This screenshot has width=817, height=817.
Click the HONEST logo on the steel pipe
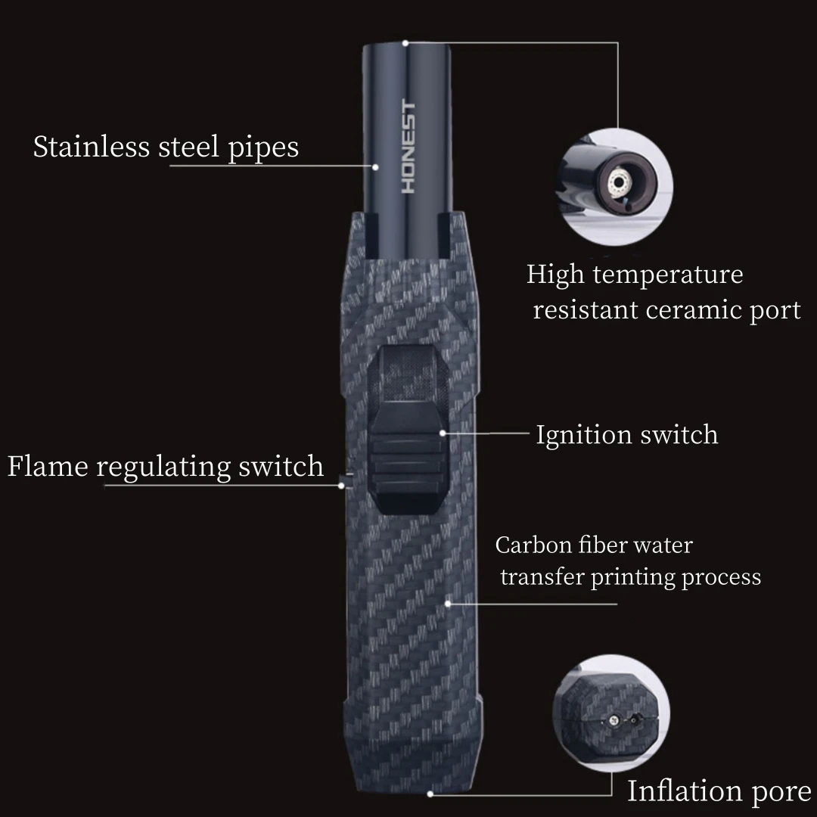tap(409, 147)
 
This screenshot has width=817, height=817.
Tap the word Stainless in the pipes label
tap(90, 147)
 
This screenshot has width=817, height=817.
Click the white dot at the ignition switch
tap(443, 433)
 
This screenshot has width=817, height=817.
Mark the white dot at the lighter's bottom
tap(430, 794)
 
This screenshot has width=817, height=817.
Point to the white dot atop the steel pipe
tap(405, 42)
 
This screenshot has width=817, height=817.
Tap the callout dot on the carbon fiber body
tap(449, 604)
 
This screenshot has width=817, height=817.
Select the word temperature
tap(668, 274)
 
